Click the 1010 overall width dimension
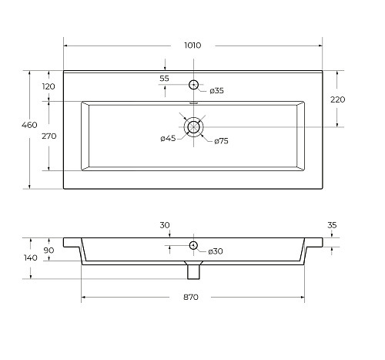[x=192, y=45]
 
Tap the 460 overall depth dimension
[x=29, y=125]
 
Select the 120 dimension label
[x=49, y=86]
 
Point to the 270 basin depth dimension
[x=49, y=136]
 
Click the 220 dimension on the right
[x=337, y=99]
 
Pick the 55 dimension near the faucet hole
[x=164, y=79]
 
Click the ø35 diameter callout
[x=216, y=91]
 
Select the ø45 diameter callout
[x=168, y=139]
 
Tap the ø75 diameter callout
[x=221, y=141]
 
